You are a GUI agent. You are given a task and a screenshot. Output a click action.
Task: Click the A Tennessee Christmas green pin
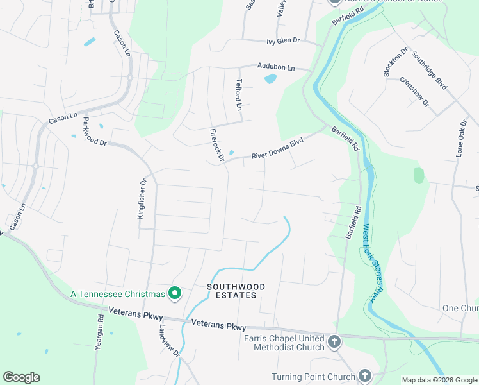coord(174,294)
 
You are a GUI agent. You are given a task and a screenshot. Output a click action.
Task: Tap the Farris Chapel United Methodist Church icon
coord(334,342)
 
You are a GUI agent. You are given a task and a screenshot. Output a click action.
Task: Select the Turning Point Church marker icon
coord(364,376)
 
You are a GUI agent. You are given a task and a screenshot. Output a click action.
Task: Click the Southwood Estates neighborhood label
coord(232,291)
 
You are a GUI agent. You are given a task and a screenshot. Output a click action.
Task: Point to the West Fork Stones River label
coord(369,262)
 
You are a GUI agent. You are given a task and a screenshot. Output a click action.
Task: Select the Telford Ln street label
coord(239,94)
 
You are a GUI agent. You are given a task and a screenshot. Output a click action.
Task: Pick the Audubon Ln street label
coord(276,67)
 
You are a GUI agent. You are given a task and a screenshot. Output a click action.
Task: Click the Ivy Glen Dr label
coord(283,40)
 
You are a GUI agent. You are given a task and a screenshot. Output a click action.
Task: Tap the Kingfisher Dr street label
coord(142,199)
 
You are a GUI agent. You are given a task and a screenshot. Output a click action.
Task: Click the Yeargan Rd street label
coord(101,327)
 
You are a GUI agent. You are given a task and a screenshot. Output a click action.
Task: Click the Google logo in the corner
coord(21,377)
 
